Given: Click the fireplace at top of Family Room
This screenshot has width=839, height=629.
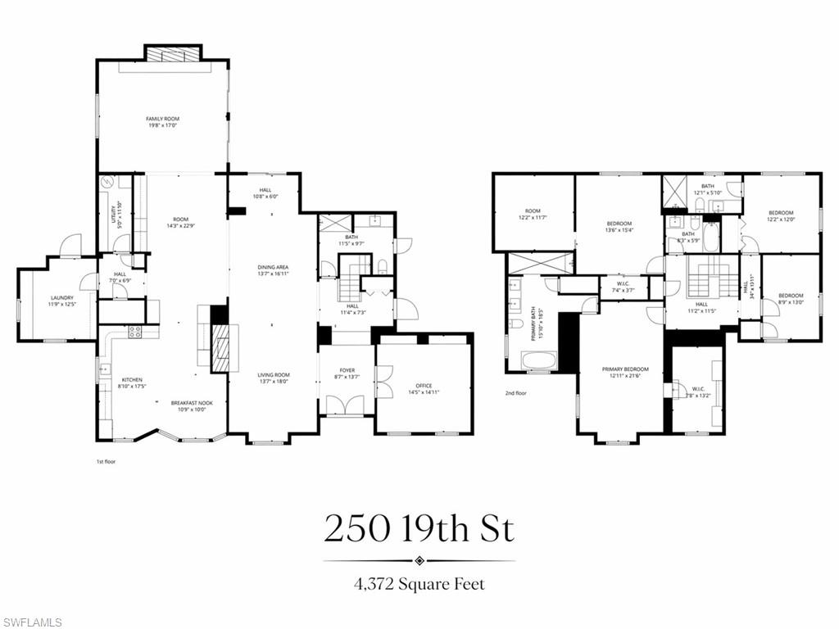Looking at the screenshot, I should [172, 53].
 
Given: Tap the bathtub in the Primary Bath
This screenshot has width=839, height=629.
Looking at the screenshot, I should [538, 360].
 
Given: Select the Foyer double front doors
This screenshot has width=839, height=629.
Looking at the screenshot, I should [345, 405].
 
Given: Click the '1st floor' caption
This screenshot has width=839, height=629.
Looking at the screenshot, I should [106, 462].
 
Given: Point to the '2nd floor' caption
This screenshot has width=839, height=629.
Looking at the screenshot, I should [515, 393].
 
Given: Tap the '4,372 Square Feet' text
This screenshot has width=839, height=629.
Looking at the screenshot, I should [419, 584].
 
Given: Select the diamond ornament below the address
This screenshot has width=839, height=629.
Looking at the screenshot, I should [419, 561].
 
